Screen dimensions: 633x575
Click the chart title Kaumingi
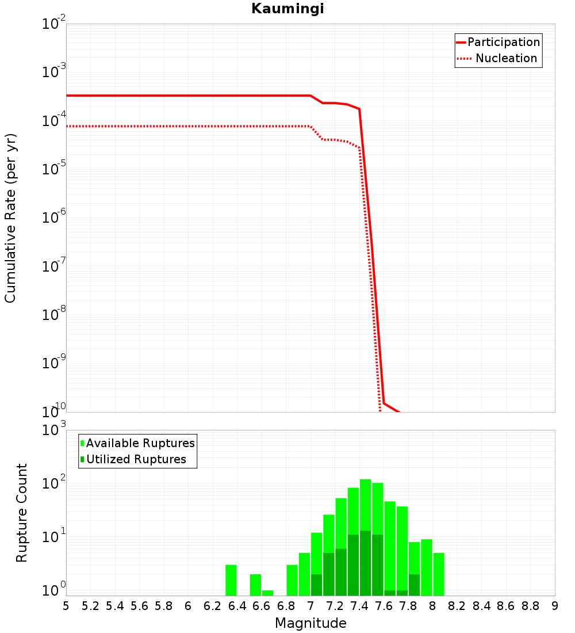287,9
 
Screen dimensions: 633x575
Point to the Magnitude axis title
310,623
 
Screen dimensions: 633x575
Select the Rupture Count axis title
22,513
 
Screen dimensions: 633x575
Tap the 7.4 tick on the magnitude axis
359,606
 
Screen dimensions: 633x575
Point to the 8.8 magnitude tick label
530,606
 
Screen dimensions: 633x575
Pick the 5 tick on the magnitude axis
66,606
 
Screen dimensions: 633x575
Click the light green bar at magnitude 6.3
231,580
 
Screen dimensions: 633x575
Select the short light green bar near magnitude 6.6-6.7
267,593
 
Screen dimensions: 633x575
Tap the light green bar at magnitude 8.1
439,574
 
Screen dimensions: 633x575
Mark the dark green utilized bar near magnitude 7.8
414,585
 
